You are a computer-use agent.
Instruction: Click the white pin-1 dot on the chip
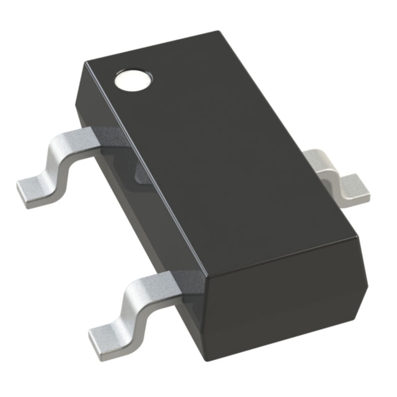pos(134,79)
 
